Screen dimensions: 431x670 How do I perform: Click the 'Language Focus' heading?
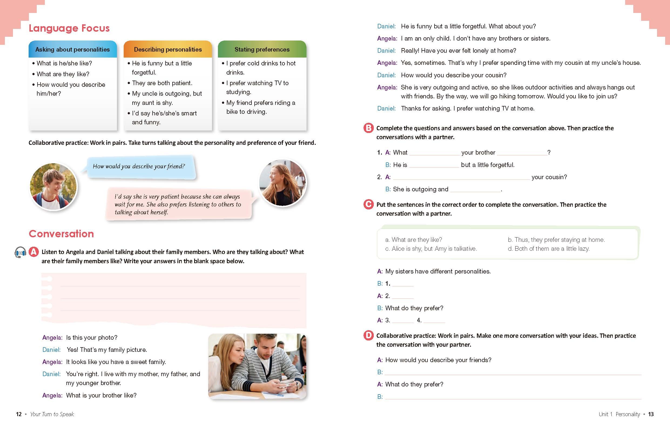(69, 28)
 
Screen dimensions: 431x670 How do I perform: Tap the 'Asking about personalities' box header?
(72, 49)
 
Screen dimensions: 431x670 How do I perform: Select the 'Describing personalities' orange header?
(168, 49)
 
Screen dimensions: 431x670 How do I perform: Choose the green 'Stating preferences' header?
(262, 49)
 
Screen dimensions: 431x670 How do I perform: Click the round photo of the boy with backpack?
(53, 186)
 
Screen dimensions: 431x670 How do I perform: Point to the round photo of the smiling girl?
(282, 182)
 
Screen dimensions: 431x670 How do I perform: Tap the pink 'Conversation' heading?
(61, 234)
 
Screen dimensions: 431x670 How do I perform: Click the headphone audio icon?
(20, 252)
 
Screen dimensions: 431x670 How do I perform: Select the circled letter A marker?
(34, 252)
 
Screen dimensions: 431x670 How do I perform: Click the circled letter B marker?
(368, 128)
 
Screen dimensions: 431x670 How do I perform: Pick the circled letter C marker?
(368, 205)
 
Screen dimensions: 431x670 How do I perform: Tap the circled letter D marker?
(368, 336)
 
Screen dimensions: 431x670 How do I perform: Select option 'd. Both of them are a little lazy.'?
(548, 249)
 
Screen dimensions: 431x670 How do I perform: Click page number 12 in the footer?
(19, 414)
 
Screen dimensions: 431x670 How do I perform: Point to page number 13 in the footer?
(651, 414)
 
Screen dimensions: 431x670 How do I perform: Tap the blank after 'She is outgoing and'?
(475, 189)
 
